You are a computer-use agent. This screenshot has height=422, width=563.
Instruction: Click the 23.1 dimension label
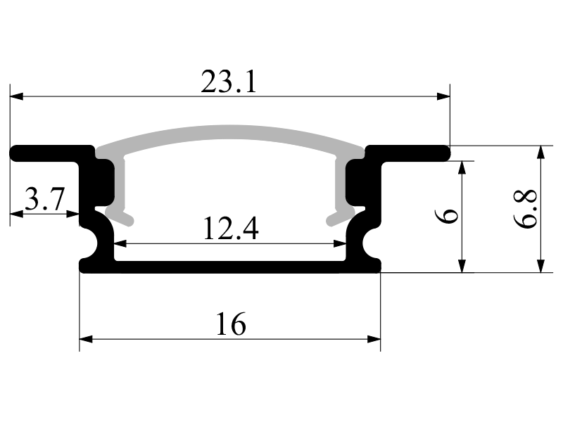tap(229, 82)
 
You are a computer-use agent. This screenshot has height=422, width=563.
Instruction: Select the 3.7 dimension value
tap(44, 199)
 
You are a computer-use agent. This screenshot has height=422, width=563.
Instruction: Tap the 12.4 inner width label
tap(231, 229)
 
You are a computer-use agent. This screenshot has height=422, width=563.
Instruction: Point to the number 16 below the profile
tap(231, 324)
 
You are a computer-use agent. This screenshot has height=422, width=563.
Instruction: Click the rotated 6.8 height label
tap(525, 210)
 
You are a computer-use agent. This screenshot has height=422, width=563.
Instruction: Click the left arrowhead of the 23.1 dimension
tap(16, 96)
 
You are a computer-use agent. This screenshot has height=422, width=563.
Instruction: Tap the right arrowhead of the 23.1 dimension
tap(443, 96)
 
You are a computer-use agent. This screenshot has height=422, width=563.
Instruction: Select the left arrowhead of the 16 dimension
tap(86, 339)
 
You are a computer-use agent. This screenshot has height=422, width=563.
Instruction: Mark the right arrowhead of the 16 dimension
tap(374, 339)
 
